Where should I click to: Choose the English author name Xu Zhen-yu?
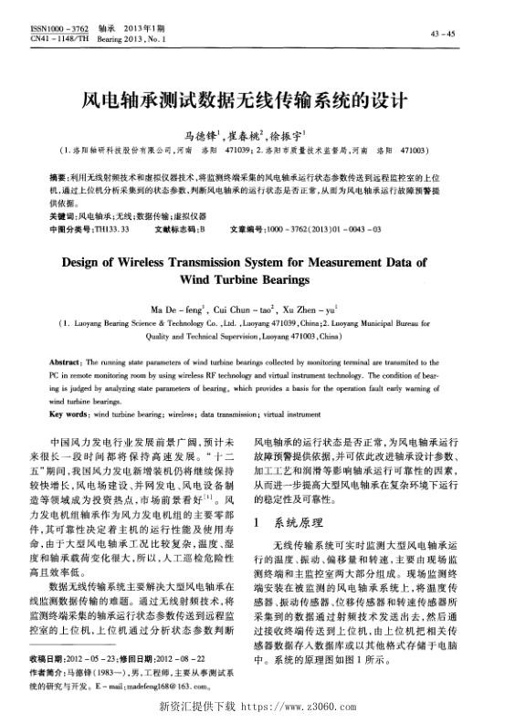[x=313, y=310]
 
